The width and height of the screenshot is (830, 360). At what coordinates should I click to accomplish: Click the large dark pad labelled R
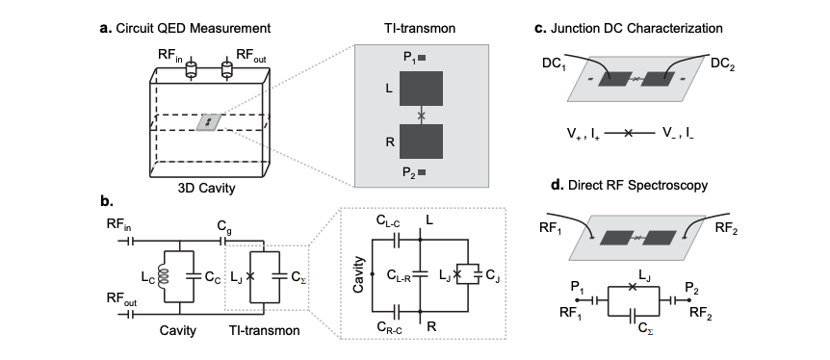[x=420, y=144]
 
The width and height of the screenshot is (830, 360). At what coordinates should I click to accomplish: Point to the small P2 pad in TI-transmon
[x=422, y=173]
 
